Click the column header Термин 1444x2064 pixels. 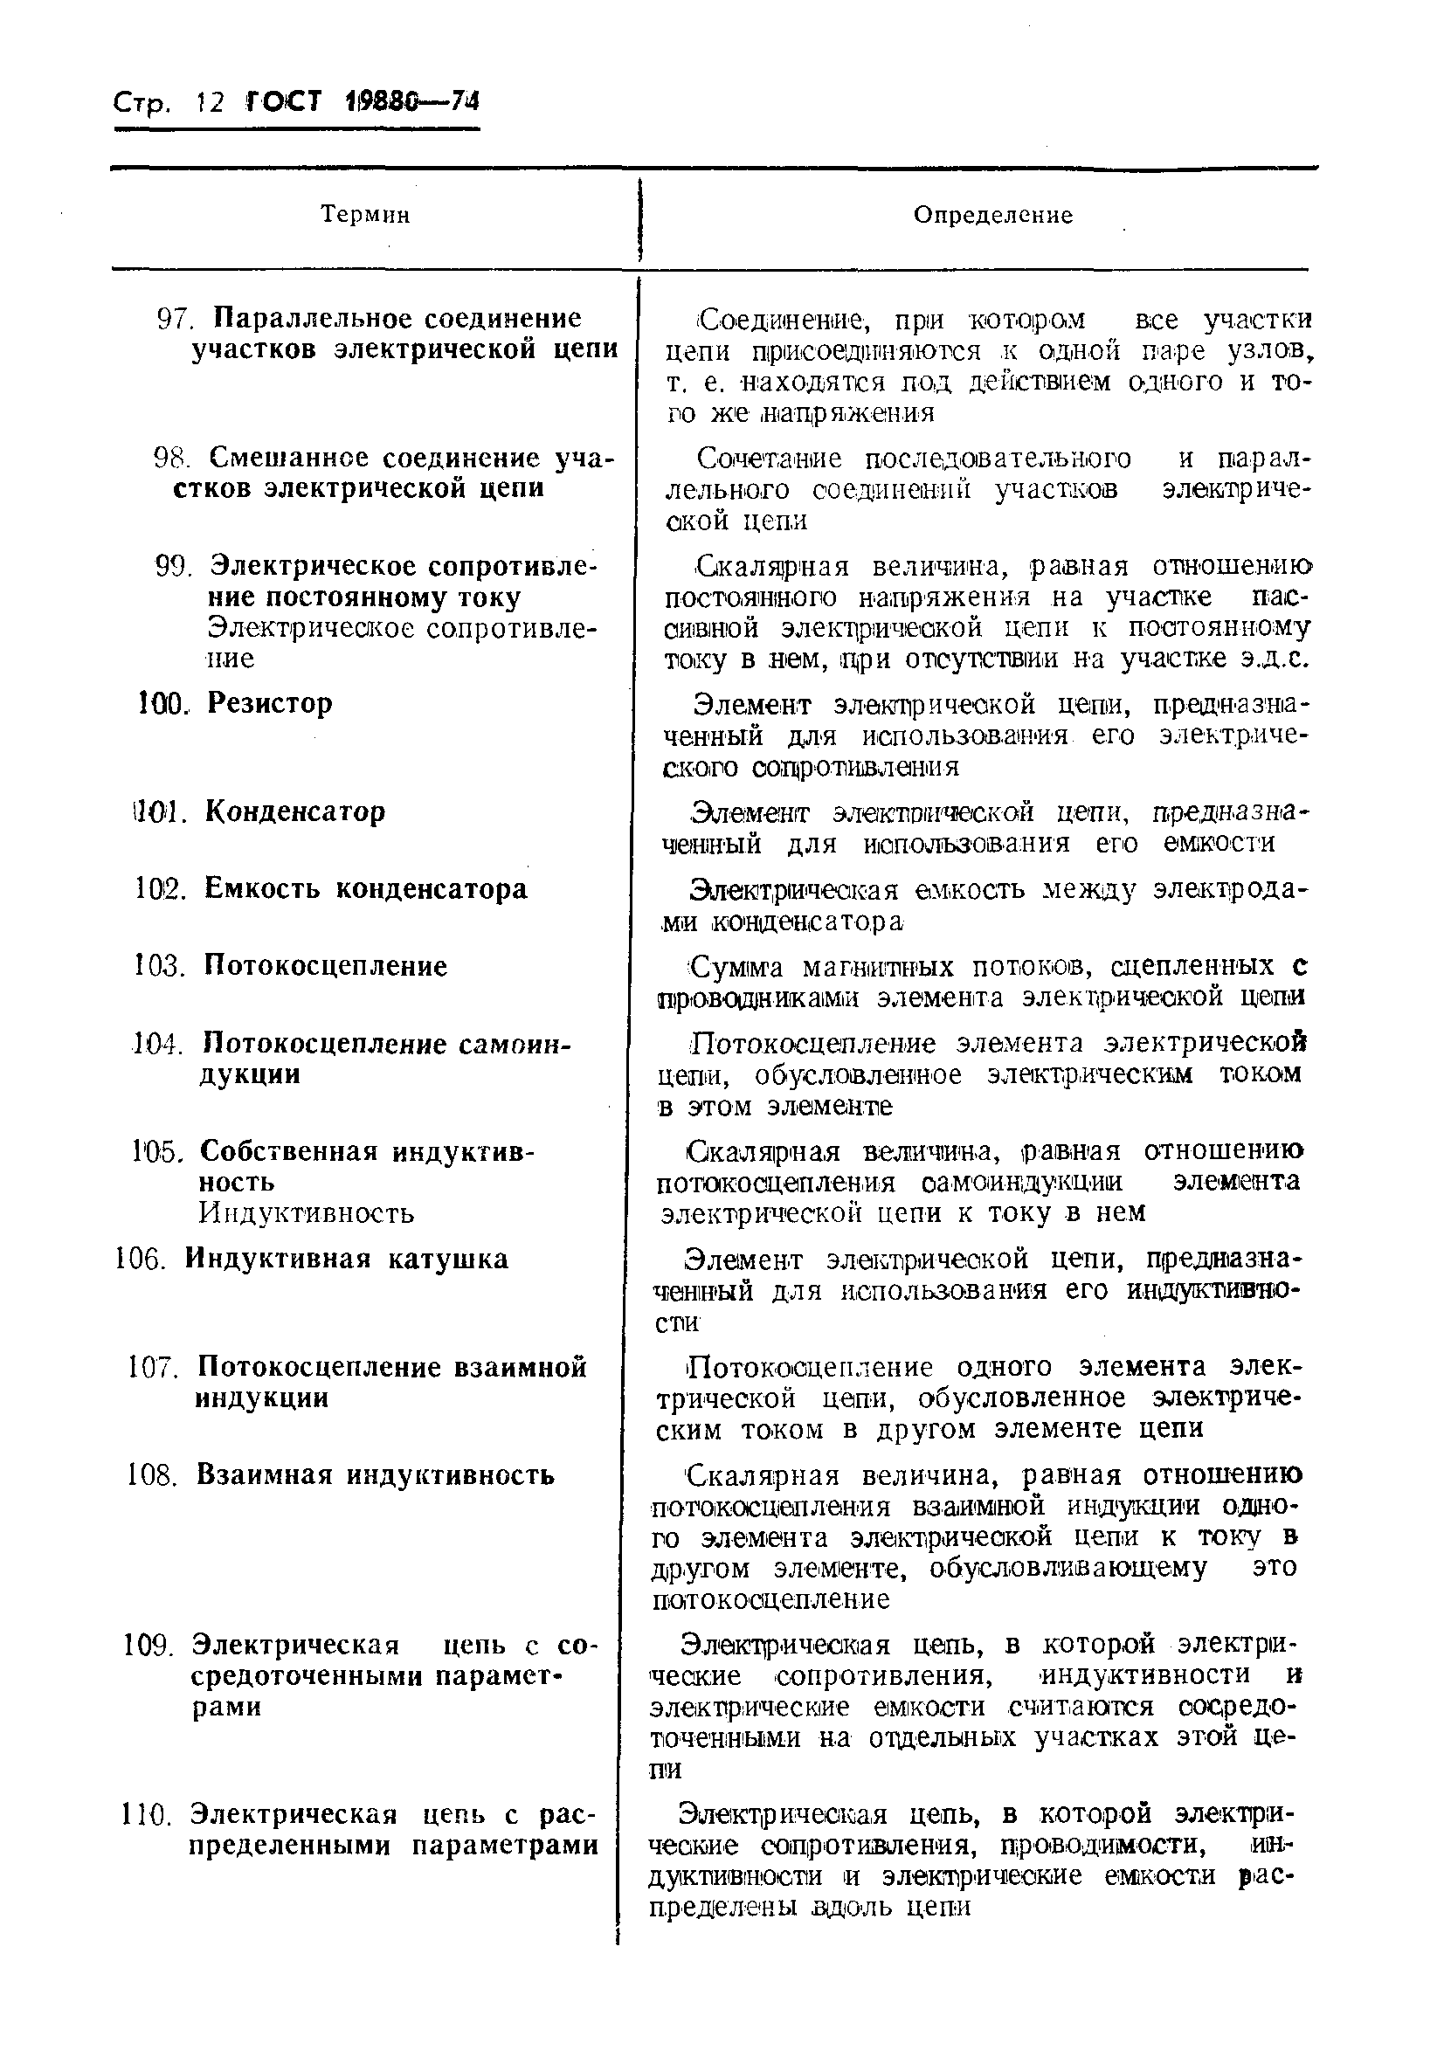tap(365, 215)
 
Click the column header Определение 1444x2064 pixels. tap(992, 215)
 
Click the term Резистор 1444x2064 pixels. tap(270, 702)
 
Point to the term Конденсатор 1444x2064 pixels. tap(295, 811)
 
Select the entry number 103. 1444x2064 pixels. tap(158, 966)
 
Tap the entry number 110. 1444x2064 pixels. tap(145, 1815)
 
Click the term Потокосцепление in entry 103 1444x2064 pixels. tap(325, 966)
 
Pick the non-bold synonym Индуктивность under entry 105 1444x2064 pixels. tap(307, 1213)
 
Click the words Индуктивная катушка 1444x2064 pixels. tap(346, 1259)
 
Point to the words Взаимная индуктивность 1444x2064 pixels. tap(375, 1475)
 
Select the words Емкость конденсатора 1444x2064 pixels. tap(365, 889)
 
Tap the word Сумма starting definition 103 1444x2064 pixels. tap(736, 967)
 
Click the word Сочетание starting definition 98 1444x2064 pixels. tap(770, 459)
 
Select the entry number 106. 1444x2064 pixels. tap(141, 1260)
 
